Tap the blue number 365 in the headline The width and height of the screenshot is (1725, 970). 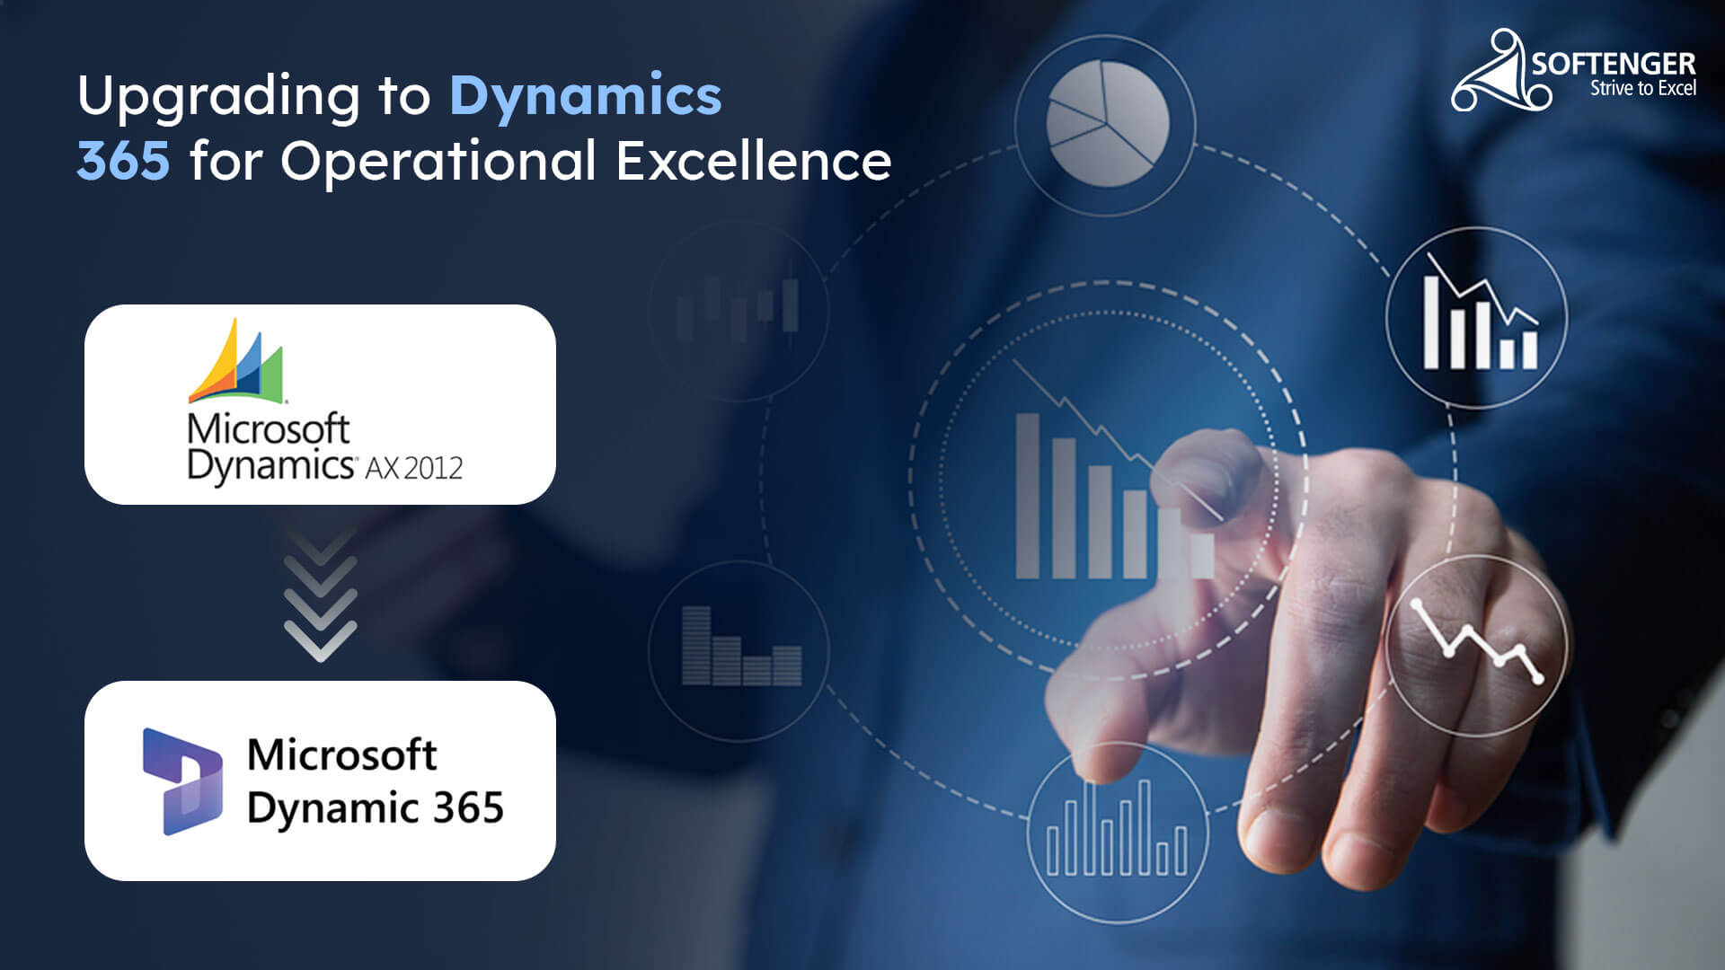pyautogui.click(x=123, y=162)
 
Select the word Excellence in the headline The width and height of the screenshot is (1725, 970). pyautogui.click(x=753, y=162)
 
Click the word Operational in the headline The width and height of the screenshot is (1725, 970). pyautogui.click(x=438, y=162)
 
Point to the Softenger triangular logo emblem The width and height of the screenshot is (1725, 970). pyautogui.click(x=1498, y=72)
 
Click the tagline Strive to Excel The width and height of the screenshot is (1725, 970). pyautogui.click(x=1642, y=88)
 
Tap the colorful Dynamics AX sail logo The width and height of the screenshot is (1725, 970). pyautogui.click(x=236, y=361)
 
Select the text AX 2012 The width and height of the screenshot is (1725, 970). pyautogui.click(x=413, y=468)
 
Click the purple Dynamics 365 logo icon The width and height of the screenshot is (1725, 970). pyautogui.click(x=182, y=780)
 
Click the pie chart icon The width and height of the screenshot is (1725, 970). pyautogui.click(x=1108, y=123)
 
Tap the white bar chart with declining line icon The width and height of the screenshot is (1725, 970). pyautogui.click(x=1478, y=316)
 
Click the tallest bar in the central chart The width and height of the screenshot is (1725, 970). pyautogui.click(x=1027, y=496)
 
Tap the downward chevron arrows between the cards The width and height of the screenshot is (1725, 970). pyautogui.click(x=320, y=595)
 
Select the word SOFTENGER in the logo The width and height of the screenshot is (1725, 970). pyautogui.click(x=1614, y=64)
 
